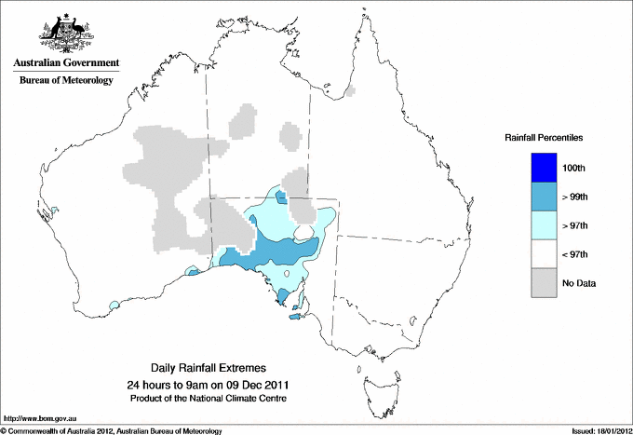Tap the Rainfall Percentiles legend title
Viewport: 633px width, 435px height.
544,138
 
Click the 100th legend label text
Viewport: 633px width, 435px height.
574,167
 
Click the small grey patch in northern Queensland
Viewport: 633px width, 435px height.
350,91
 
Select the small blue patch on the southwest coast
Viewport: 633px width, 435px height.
114,305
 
